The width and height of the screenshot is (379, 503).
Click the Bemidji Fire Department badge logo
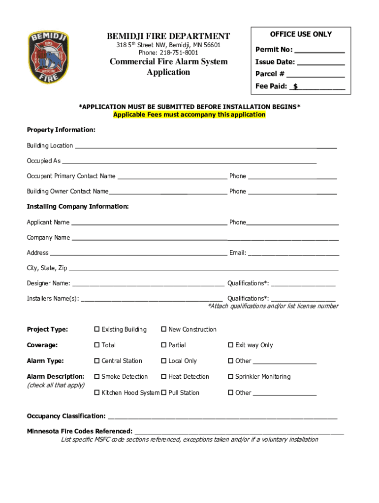coord(48,58)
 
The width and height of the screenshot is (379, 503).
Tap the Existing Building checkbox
coord(97,330)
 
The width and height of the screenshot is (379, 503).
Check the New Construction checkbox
coord(164,330)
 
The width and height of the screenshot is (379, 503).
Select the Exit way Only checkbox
coord(230,345)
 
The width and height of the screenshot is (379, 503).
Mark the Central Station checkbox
coord(97,361)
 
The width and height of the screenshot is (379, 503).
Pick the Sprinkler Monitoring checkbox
coord(230,377)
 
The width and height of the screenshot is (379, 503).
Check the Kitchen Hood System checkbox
coord(97,393)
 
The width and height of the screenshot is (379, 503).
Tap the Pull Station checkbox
coord(164,393)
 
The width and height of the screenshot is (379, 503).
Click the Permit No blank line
coord(319,51)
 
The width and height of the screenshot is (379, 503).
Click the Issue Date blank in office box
coord(320,63)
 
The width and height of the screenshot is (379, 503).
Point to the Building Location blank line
coord(205,146)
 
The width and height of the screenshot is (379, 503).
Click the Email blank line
coord(293,254)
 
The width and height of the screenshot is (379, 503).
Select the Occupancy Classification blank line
coord(222,417)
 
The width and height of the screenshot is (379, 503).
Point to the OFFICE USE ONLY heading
coord(301,34)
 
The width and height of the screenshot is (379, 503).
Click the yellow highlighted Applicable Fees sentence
coord(189,115)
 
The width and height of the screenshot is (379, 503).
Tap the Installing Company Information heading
coord(78,207)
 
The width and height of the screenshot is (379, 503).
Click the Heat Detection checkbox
coord(164,377)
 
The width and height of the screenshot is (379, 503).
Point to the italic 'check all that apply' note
coord(56,385)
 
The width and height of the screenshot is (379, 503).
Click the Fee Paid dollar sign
coord(295,86)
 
